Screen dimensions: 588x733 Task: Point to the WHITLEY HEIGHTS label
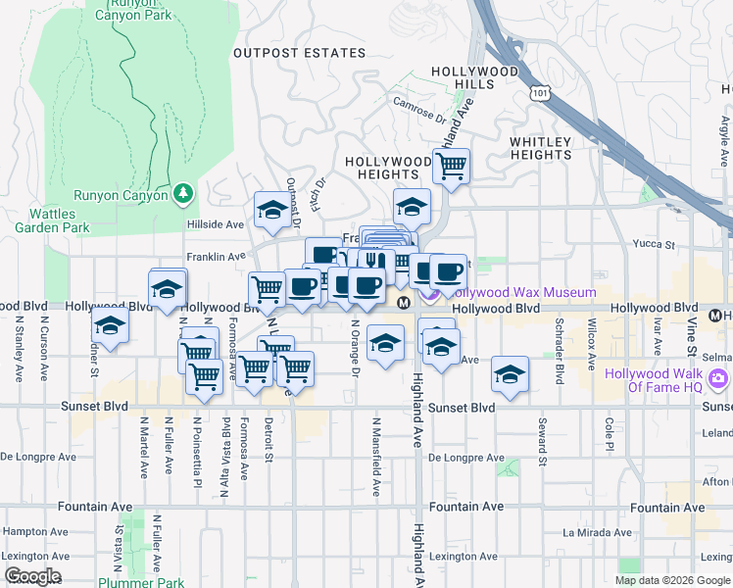click(x=540, y=148)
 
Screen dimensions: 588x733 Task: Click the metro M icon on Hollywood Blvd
click(x=403, y=303)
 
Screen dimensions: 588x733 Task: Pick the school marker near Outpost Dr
click(x=271, y=209)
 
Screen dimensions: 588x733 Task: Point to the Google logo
click(x=31, y=576)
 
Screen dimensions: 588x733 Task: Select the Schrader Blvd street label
click(x=560, y=335)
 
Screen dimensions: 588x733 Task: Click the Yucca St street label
click(x=656, y=244)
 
